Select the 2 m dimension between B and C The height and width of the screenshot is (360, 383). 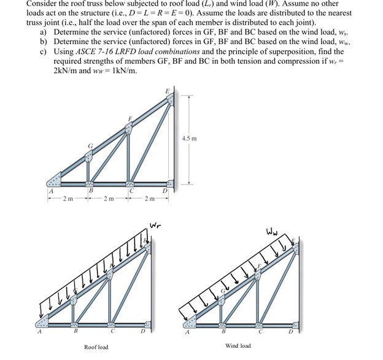coord(109,199)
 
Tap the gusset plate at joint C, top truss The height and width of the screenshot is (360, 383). coord(130,183)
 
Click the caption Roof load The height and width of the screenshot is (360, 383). coord(96,347)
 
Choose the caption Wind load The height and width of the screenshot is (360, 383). coord(238,346)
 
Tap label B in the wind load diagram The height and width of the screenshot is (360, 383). coord(223,331)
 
